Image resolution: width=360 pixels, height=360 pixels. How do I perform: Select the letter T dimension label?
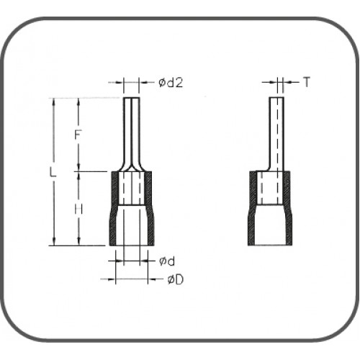tap(306, 83)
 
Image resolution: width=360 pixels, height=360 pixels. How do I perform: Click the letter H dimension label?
tap(78, 210)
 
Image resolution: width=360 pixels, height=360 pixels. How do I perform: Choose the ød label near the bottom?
tap(163, 261)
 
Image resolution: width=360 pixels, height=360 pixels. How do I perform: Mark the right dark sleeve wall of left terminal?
tap(147, 209)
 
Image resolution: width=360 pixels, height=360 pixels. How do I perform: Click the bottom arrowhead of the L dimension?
tap(55, 243)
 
